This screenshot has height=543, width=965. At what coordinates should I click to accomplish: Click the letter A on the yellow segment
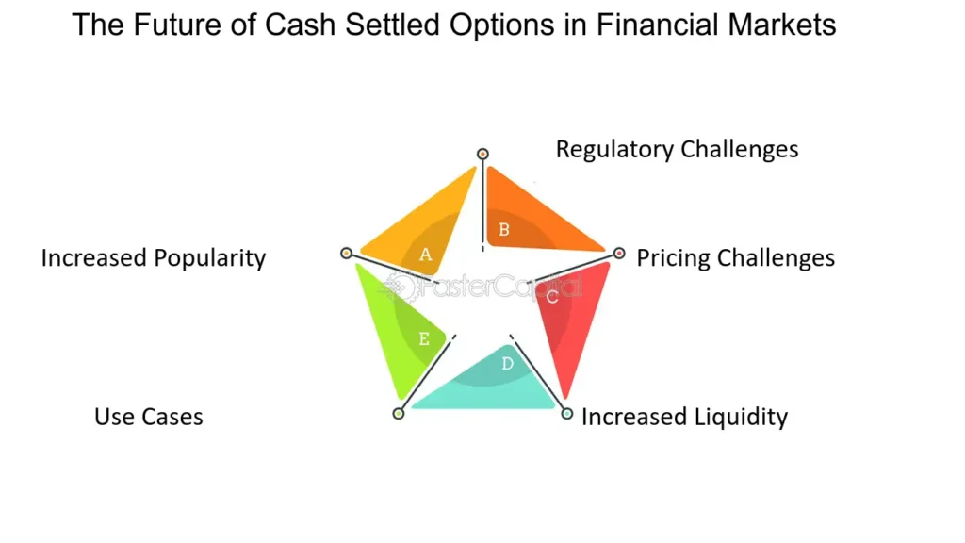(x=425, y=254)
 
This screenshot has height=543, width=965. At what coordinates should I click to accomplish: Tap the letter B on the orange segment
(x=504, y=229)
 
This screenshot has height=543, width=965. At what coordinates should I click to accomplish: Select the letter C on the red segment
(x=552, y=297)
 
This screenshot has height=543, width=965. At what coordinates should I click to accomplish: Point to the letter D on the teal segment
(x=507, y=363)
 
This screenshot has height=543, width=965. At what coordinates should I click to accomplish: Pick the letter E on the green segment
(x=424, y=339)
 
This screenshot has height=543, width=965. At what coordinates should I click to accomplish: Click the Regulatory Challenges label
(x=677, y=149)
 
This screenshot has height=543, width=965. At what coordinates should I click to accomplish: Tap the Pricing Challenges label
(x=735, y=257)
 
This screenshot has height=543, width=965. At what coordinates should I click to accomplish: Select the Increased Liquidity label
(x=684, y=417)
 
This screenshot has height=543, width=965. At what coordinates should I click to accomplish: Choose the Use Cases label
(x=149, y=417)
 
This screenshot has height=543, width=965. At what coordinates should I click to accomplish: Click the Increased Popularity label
(x=154, y=257)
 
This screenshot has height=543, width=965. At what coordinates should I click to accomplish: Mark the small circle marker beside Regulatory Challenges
(x=482, y=153)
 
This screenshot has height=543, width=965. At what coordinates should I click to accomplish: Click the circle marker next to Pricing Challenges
(x=619, y=253)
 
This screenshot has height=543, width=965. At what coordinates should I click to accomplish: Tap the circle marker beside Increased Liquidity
(x=566, y=413)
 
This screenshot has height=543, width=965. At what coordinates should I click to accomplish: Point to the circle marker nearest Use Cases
(x=399, y=413)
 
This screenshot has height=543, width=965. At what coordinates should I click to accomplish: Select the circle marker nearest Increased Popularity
(x=346, y=253)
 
